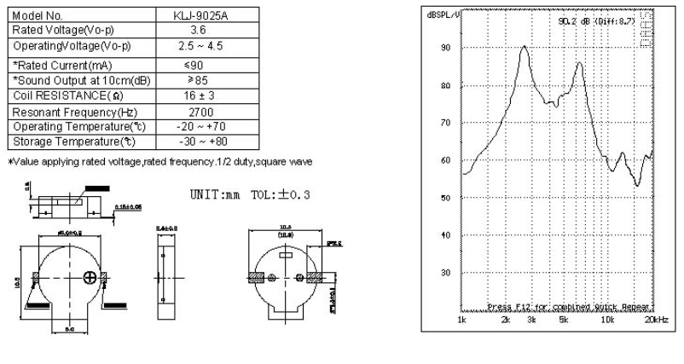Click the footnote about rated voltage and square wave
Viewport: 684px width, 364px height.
point(158,161)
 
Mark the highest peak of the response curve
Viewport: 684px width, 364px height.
point(525,46)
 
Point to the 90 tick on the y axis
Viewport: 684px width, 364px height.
point(444,48)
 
